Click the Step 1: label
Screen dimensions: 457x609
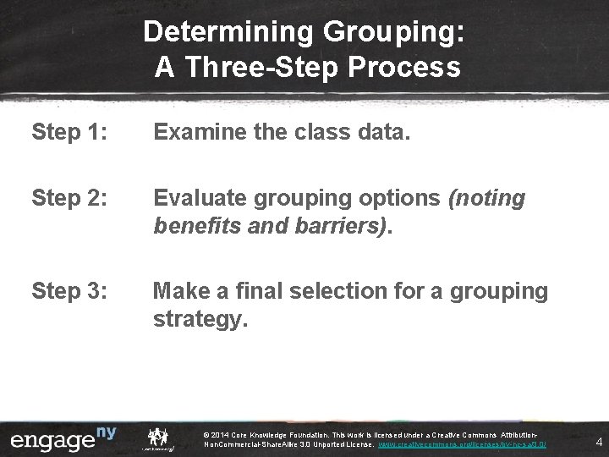(x=69, y=131)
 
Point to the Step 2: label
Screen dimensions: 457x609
(x=69, y=199)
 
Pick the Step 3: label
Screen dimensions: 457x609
(x=69, y=292)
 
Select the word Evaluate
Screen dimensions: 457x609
(x=201, y=199)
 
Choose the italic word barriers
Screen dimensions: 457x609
(x=342, y=228)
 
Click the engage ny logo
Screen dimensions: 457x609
(x=63, y=441)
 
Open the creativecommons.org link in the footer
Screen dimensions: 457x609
(x=462, y=444)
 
